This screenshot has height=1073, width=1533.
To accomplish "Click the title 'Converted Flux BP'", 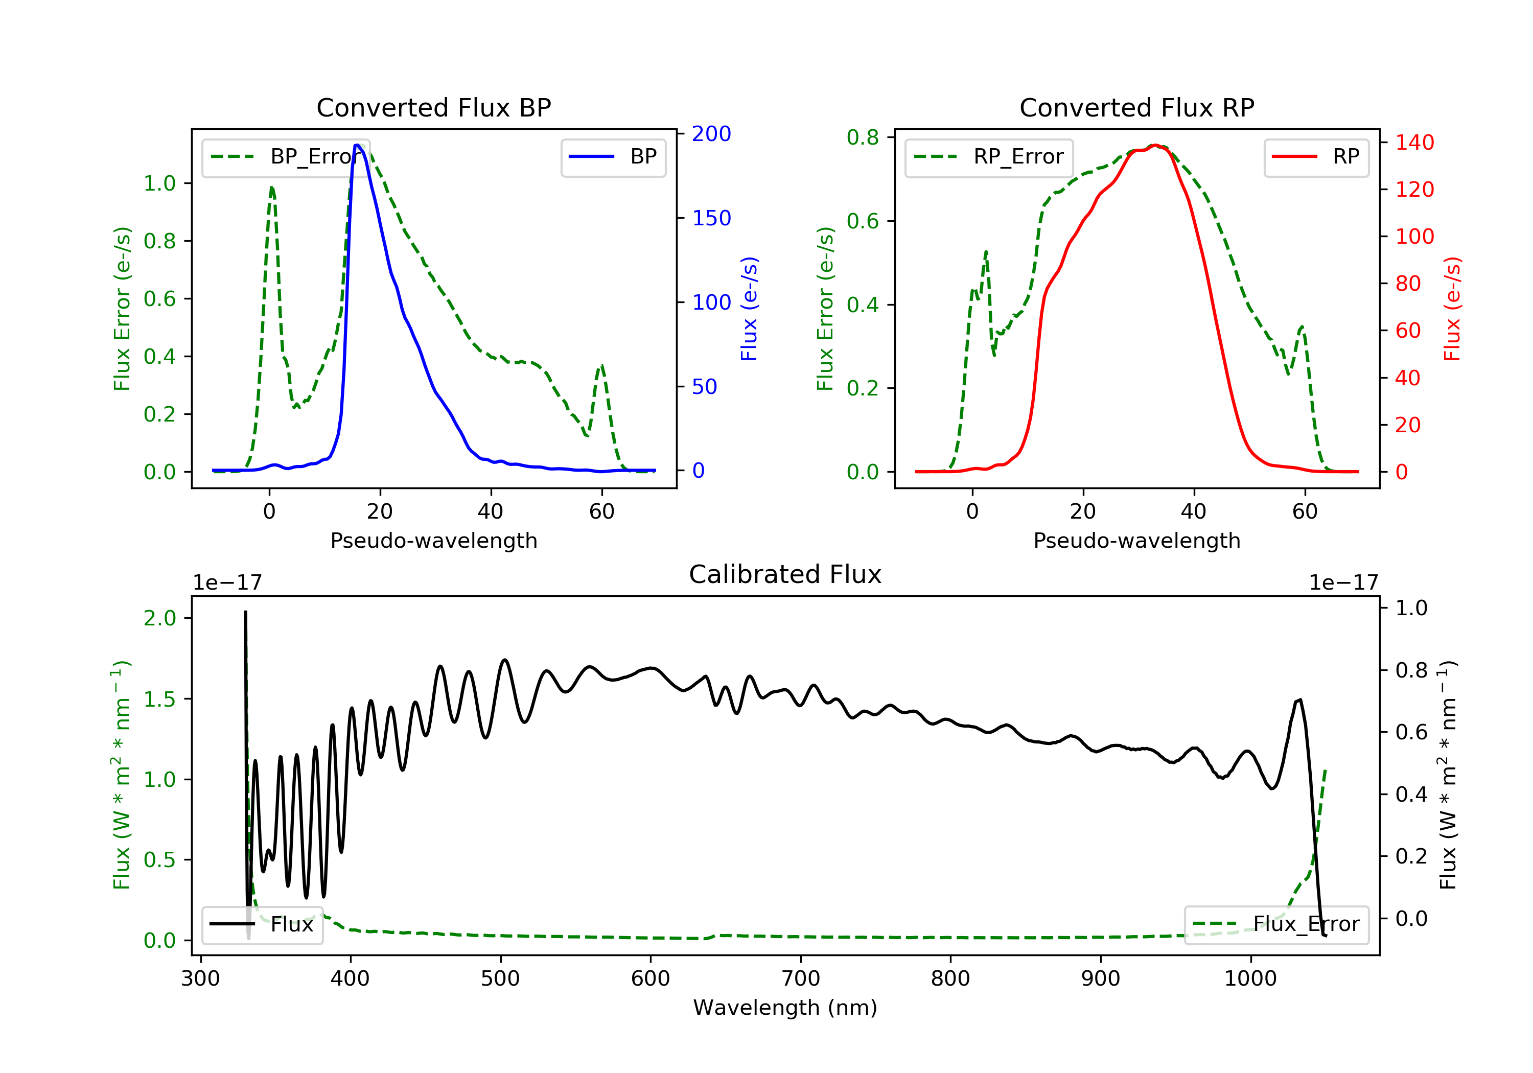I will click(x=433, y=107).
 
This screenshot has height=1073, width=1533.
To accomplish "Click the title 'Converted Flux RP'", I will click(x=1136, y=107).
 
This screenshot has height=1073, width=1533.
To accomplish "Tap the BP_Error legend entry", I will click(x=285, y=157).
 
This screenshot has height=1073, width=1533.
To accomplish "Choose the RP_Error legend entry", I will click(x=988, y=157).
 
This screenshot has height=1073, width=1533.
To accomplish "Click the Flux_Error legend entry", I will click(x=1276, y=924).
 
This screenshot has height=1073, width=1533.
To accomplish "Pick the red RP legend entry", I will click(x=1316, y=157).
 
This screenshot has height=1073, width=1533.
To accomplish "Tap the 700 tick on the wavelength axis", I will click(x=801, y=979).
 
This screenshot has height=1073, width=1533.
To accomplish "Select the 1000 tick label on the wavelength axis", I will click(x=1250, y=979).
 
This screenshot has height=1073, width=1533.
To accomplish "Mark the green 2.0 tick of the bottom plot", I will click(x=160, y=618).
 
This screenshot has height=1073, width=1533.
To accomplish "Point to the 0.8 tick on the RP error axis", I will click(x=863, y=137).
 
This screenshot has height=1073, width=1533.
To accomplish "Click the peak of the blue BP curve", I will click(x=358, y=145).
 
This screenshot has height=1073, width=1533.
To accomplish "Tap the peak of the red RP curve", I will click(x=1155, y=146).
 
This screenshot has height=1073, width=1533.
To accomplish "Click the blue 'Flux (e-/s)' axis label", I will click(x=749, y=309).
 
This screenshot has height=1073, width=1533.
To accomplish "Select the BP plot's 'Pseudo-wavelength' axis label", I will click(x=433, y=540).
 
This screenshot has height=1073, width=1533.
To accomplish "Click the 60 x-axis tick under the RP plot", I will click(x=1305, y=511).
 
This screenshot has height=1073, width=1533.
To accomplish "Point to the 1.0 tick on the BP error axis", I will click(x=160, y=183).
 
